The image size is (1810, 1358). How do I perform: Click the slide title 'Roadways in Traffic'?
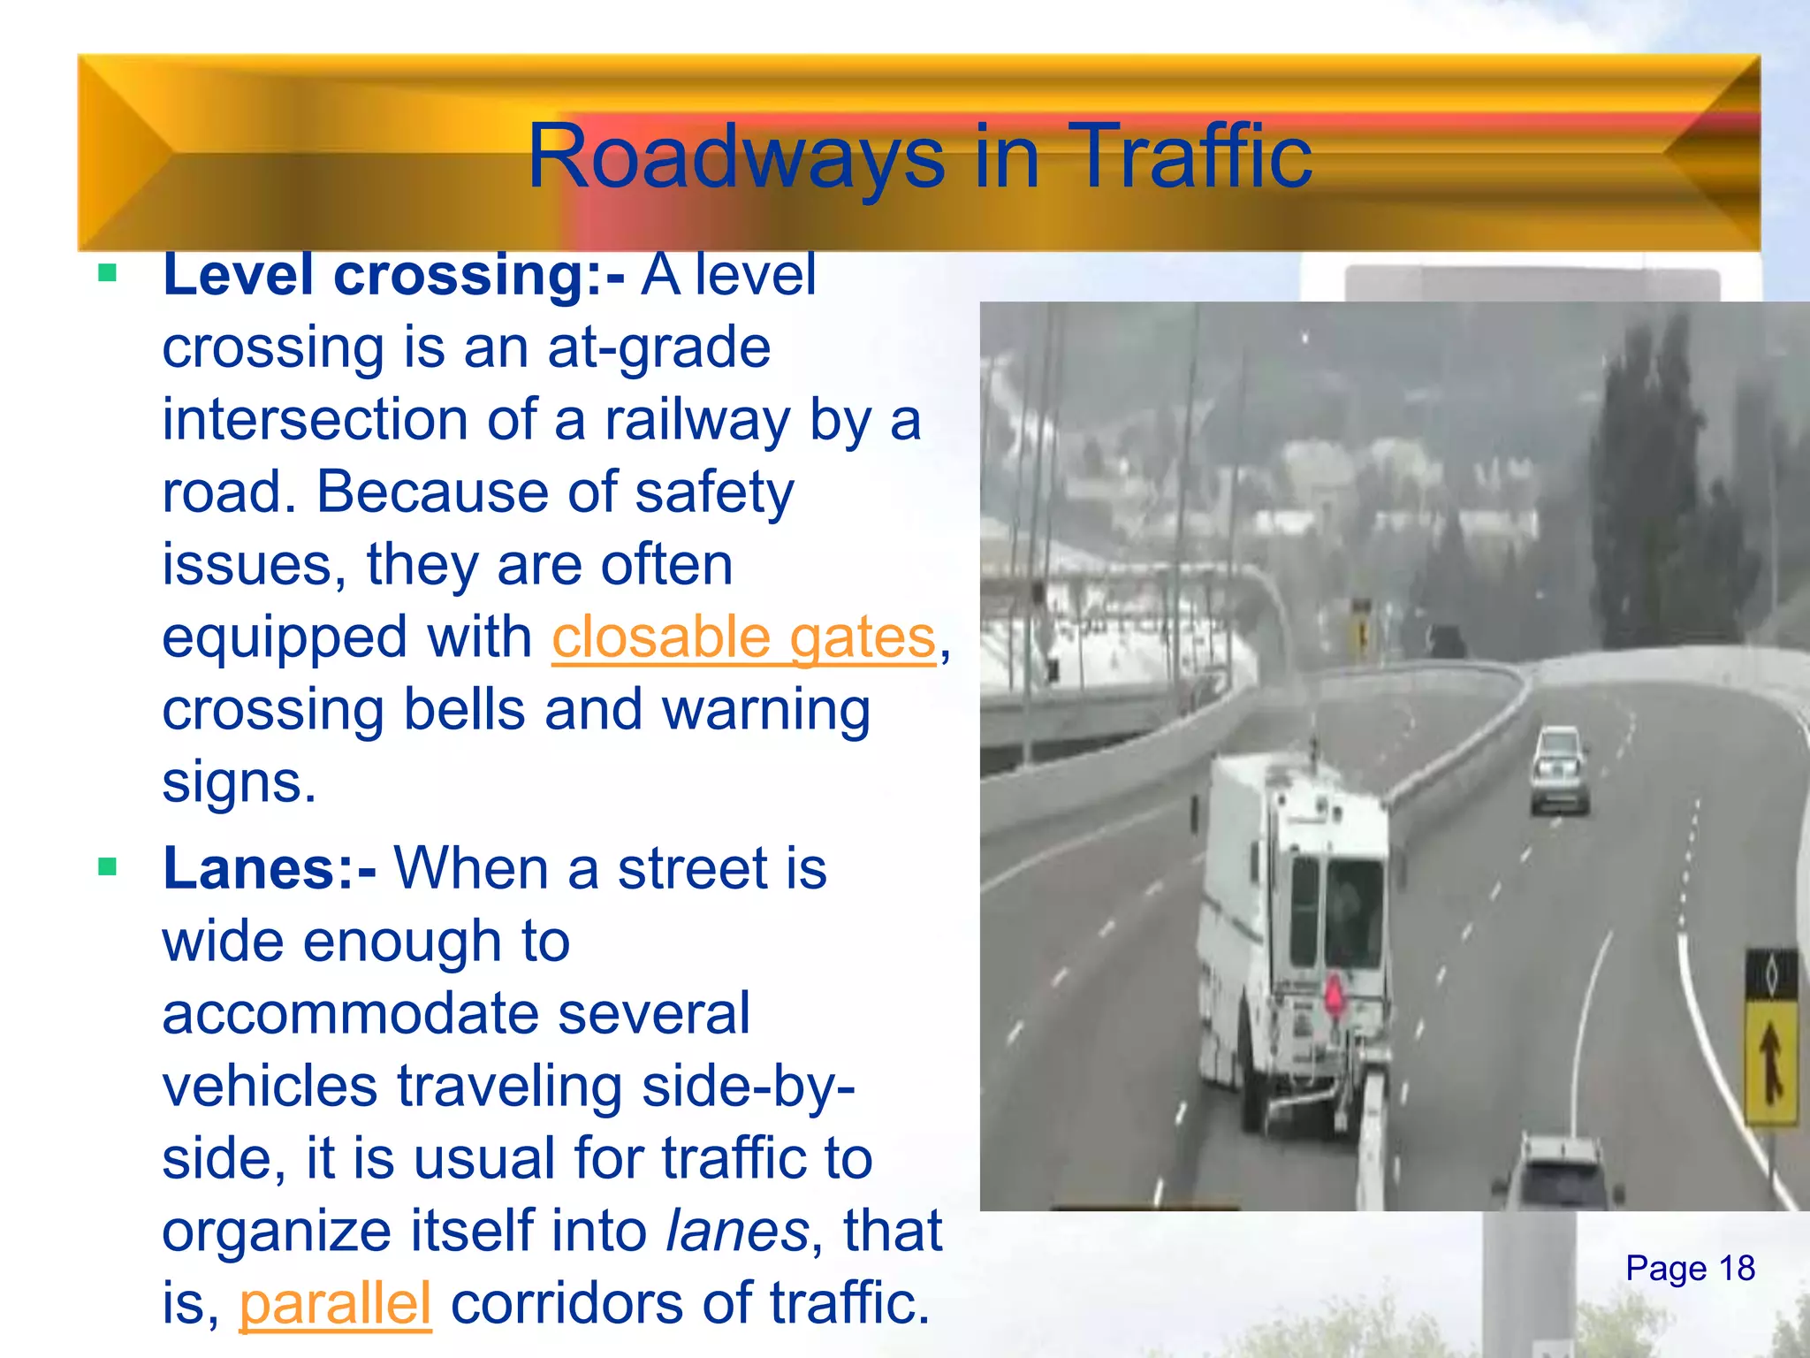[x=919, y=157]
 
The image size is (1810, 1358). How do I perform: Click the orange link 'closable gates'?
[x=743, y=637]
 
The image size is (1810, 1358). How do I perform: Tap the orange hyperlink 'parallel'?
[x=335, y=1304]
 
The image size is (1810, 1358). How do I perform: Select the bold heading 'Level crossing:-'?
[x=393, y=275]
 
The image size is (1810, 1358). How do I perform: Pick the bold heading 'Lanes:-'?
[x=270, y=868]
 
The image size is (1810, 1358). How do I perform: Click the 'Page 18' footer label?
[x=1689, y=1269]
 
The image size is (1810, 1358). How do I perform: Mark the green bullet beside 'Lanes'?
[x=108, y=866]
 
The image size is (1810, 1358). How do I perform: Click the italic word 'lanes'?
[x=736, y=1232]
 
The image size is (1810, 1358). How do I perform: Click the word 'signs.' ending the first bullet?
[x=239, y=782]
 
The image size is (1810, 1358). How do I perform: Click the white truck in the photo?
[x=1290, y=937]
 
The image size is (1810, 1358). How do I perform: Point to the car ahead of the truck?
[x=1560, y=769]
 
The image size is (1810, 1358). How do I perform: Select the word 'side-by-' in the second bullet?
[x=748, y=1087]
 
